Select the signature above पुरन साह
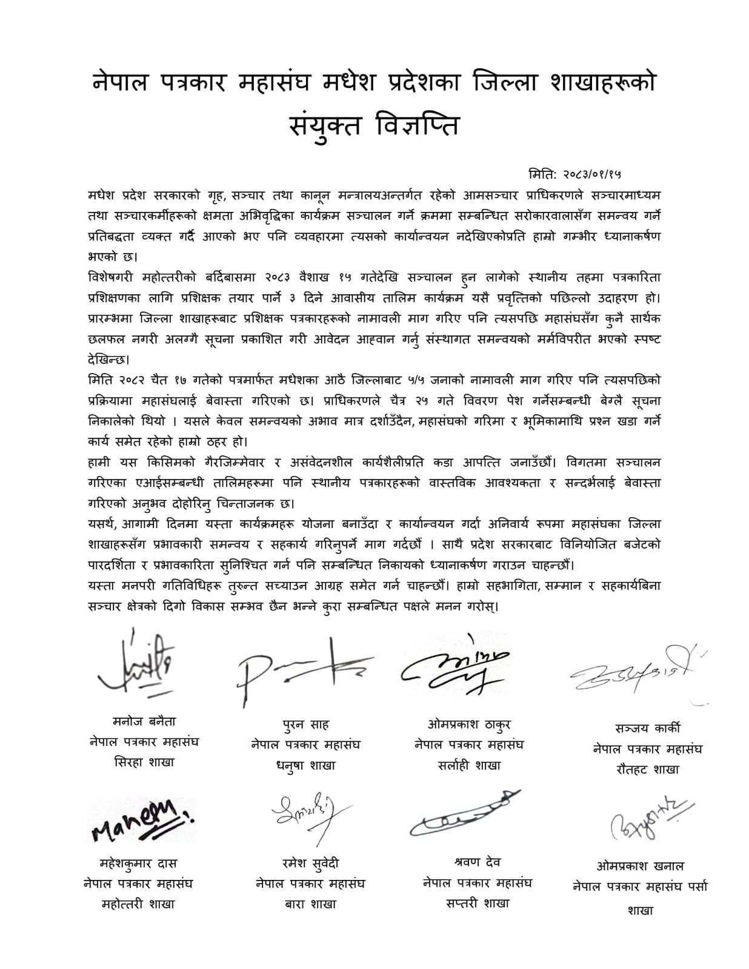point(303,669)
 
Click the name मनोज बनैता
point(144,721)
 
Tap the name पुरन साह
point(306,724)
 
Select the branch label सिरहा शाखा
point(144,762)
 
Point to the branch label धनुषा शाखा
point(306,766)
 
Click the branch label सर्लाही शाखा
point(469,765)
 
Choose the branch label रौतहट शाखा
point(647,769)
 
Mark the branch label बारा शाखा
point(310,904)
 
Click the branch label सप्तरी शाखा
point(477,902)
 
